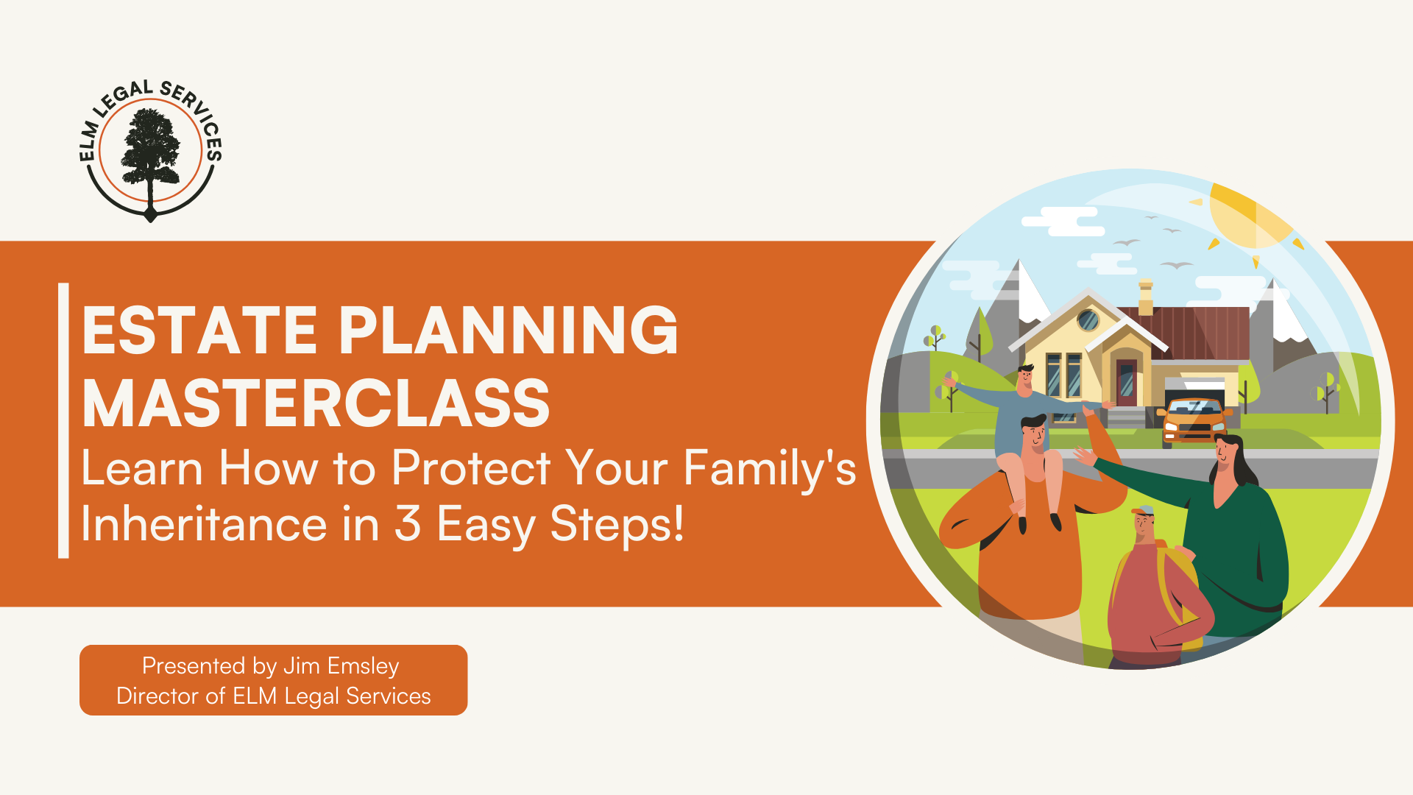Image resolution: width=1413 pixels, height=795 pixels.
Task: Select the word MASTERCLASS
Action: point(316,403)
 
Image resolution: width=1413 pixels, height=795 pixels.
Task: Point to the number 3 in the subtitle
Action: point(407,523)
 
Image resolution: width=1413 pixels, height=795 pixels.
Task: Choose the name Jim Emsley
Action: point(341,665)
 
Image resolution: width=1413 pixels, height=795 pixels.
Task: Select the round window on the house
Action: point(1088,320)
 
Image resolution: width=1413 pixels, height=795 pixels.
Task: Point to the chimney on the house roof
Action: point(1146,297)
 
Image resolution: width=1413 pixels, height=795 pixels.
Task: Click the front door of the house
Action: point(1127,382)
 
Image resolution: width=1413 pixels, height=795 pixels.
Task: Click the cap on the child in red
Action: point(1144,511)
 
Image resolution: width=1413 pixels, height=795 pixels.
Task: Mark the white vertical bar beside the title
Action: point(63,420)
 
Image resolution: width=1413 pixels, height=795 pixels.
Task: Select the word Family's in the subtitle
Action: point(770,469)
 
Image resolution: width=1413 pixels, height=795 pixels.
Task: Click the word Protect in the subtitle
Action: point(471,467)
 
